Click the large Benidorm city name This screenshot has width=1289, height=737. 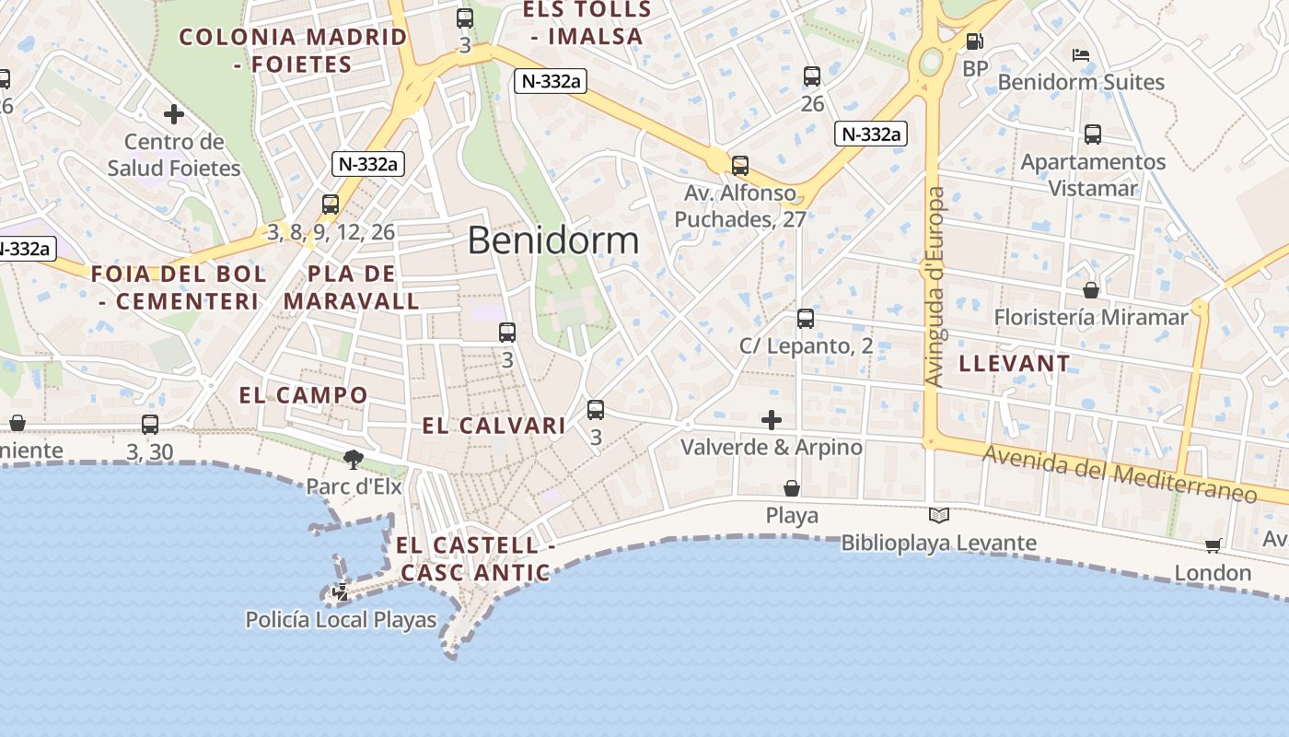pos(552,240)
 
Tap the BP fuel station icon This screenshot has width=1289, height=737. pos(974,41)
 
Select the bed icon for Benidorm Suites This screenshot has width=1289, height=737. pos(1081,55)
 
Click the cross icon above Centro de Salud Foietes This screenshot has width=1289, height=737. pos(174,114)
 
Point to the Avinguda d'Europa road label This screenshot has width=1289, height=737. pos(935,287)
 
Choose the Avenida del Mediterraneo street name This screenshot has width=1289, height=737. pos(1120,474)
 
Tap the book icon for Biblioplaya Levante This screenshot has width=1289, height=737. pos(939,516)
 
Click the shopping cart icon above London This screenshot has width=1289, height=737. pos(1214,545)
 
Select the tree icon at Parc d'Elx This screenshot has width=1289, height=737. pos(353,459)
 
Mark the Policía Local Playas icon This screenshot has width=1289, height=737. pos(341,592)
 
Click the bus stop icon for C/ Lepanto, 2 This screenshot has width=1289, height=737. pos(806,319)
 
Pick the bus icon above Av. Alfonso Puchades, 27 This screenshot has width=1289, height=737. pos(740,166)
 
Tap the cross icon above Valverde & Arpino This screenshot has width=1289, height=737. pos(772,420)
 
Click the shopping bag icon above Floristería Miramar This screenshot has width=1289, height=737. pos(1091,290)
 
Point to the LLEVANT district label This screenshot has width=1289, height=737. pos(1015,364)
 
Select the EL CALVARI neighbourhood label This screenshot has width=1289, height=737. pos(494,426)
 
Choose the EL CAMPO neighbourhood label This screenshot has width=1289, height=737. pos(304,396)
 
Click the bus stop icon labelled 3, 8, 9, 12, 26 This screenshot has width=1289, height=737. pos(331,205)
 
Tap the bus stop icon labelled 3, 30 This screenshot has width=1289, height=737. pos(150,425)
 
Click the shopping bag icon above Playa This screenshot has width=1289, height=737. pos(792,487)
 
